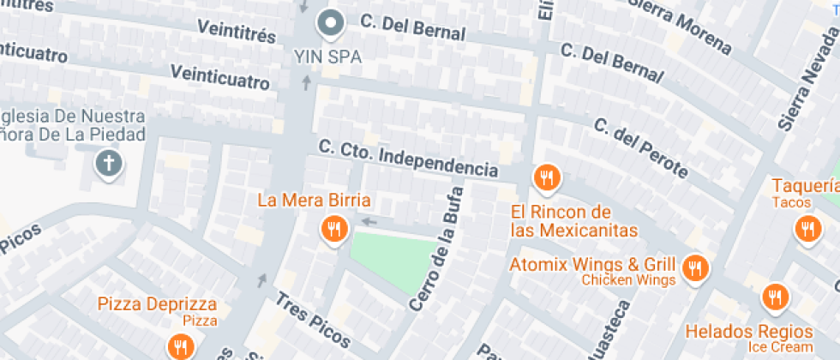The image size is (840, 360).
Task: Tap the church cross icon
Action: [109, 163]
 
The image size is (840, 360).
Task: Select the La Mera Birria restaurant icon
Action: [333, 229]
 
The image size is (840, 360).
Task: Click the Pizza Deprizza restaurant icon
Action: [180, 345]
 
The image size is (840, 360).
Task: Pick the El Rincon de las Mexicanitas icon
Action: [546, 177]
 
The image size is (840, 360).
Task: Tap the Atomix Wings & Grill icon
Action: [695, 268]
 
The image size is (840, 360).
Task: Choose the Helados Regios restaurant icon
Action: [776, 297]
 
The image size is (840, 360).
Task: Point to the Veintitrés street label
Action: [237, 31]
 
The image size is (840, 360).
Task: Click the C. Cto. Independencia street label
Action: [408, 158]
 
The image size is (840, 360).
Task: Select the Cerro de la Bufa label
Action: [437, 249]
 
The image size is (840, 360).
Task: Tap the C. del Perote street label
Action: [640, 147]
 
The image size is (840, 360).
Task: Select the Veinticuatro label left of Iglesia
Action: [33, 53]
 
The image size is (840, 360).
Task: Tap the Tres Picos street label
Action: [312, 321]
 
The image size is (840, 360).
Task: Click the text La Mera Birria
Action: [315, 201]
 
